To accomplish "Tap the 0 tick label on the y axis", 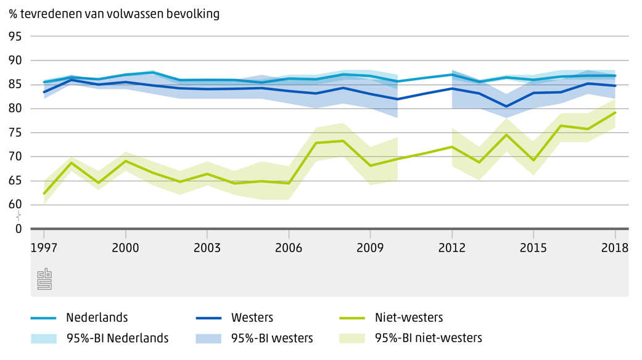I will click(19, 229).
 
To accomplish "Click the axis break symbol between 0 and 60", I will click(19, 216).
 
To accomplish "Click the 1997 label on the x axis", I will click(44, 248).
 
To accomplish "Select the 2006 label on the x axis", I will click(289, 248).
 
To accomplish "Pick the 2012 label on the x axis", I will click(452, 248).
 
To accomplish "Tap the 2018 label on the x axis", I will click(615, 248).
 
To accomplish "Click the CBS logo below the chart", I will click(44, 279).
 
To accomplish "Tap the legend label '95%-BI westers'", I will click(272, 338).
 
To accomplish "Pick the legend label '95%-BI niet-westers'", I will click(429, 338).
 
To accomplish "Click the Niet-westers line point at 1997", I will click(44, 194).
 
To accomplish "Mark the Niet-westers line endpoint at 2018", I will click(615, 113).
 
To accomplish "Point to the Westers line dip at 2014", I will click(506, 107).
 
